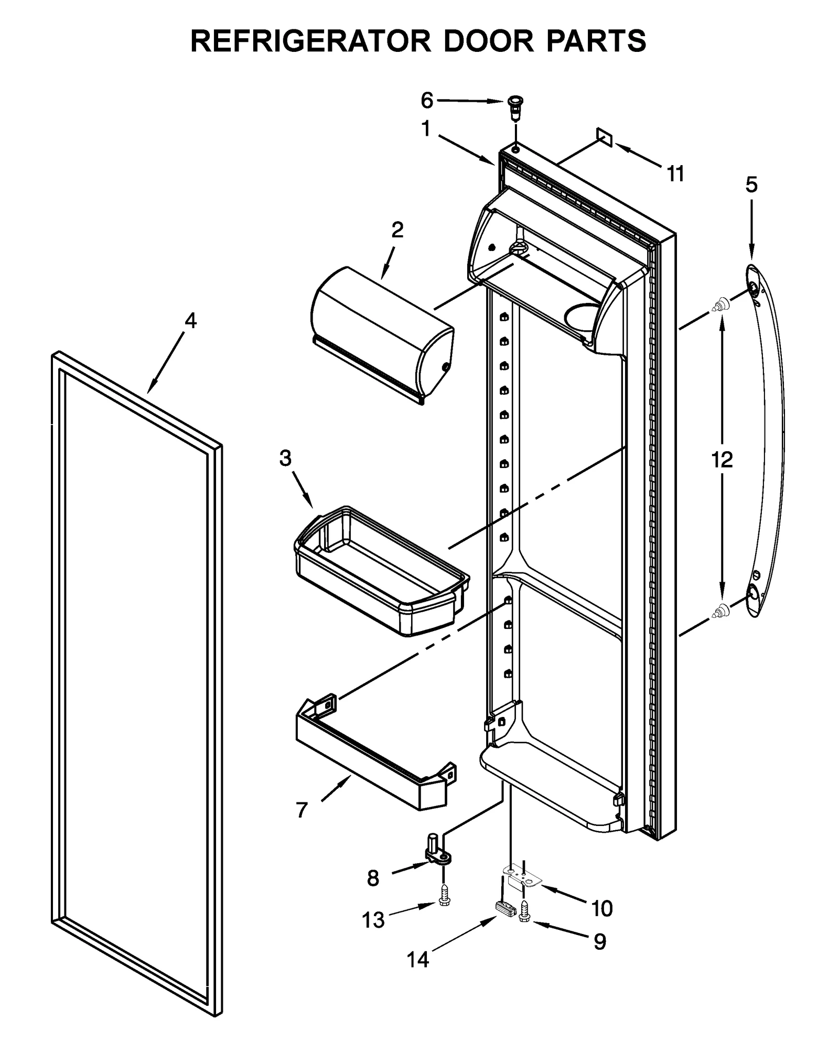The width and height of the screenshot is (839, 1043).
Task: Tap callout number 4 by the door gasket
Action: (x=190, y=320)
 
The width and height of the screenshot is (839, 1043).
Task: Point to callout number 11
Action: (x=675, y=173)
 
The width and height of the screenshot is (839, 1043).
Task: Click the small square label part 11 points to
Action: (x=604, y=137)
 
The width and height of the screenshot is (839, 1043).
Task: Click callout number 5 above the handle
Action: (x=751, y=185)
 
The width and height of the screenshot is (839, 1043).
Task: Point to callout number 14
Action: (x=418, y=959)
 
